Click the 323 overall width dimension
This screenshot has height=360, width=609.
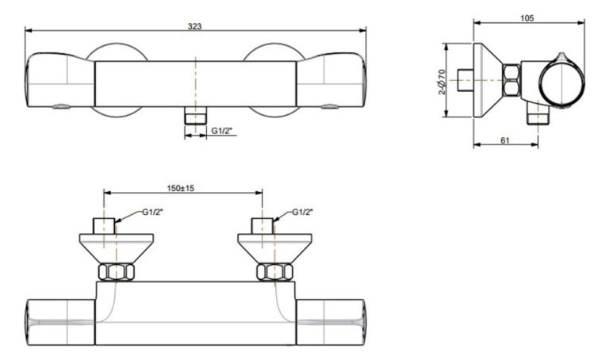tap(194, 26)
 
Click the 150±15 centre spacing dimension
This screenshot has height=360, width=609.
tap(182, 188)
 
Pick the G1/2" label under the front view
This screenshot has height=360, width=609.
tap(222, 131)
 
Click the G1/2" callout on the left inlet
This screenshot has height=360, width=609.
tap(153, 212)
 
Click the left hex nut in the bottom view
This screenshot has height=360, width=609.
tap(116, 272)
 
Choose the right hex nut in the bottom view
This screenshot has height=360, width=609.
tap(274, 272)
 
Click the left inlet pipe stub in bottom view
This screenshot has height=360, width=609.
tap(105, 225)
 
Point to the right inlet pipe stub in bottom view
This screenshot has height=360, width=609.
tap(262, 225)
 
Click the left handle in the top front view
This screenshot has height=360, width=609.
tap(59, 82)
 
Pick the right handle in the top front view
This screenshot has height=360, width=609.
tap(331, 82)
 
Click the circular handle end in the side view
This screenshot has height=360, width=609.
tap(561, 82)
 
